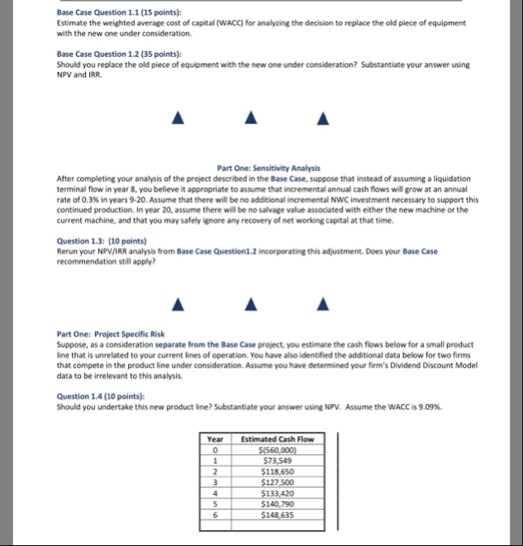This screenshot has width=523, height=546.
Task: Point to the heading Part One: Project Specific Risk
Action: tap(107, 333)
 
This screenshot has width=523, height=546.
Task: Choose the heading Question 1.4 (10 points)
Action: tap(97, 395)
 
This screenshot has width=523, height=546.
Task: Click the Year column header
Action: tap(215, 439)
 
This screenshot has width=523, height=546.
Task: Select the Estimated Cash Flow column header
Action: tap(277, 439)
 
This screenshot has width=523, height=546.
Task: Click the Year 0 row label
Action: tap(215, 449)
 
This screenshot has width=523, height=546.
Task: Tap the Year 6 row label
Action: tap(215, 512)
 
